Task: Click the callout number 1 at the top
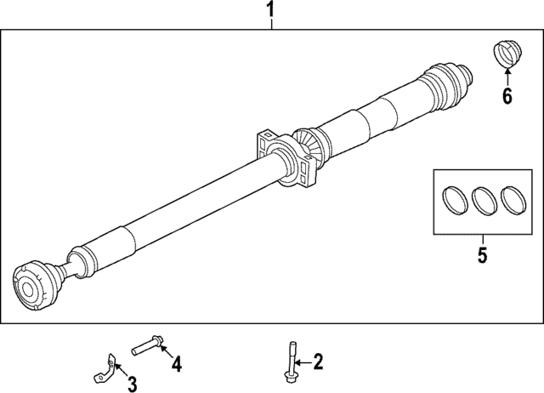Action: pyautogui.click(x=271, y=11)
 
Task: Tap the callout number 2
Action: pyautogui.click(x=319, y=362)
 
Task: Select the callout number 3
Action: pyautogui.click(x=132, y=385)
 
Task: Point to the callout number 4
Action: pyautogui.click(x=176, y=364)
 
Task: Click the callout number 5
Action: pyautogui.click(x=481, y=254)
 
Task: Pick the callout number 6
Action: pyautogui.click(x=507, y=96)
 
